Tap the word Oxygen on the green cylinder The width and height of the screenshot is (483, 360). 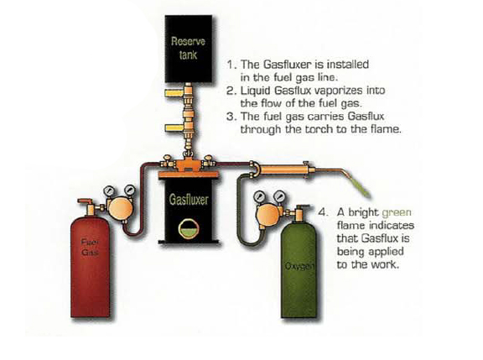tap(298, 269)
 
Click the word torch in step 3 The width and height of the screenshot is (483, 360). tap(315, 131)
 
